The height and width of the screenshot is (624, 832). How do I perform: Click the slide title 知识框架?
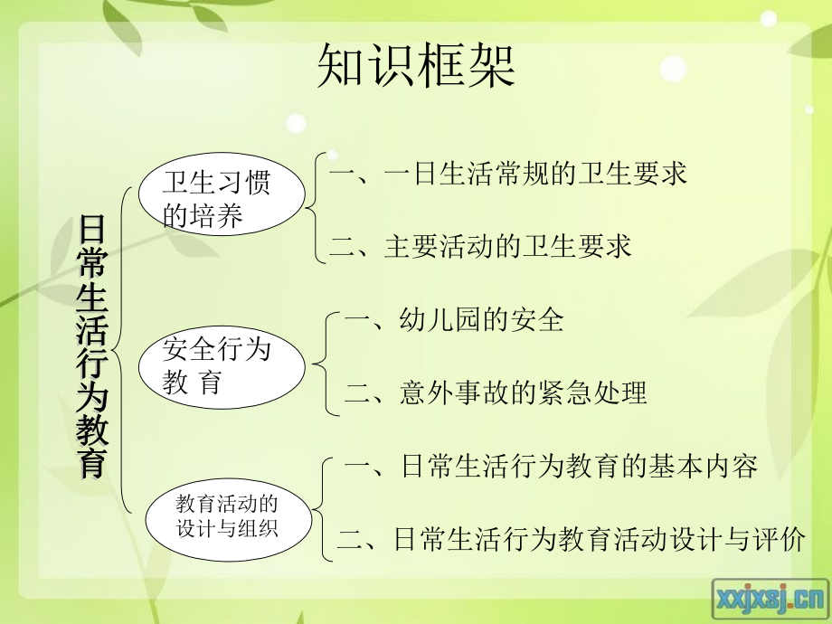click(416, 65)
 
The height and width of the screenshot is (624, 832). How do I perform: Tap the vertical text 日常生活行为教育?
click(92, 346)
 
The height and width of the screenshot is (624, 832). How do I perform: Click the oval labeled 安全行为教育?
click(221, 364)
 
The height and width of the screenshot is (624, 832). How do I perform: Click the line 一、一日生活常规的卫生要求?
click(508, 174)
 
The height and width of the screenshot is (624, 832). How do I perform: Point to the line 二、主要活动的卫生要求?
click(479, 247)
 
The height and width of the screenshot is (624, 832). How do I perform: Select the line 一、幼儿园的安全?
click(455, 319)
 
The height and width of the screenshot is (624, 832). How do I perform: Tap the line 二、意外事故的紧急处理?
click(496, 392)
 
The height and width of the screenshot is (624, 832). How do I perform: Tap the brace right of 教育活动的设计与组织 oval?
click(324, 506)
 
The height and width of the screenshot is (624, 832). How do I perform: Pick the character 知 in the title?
click(341, 65)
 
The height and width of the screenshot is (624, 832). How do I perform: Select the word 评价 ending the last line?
click(778, 541)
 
